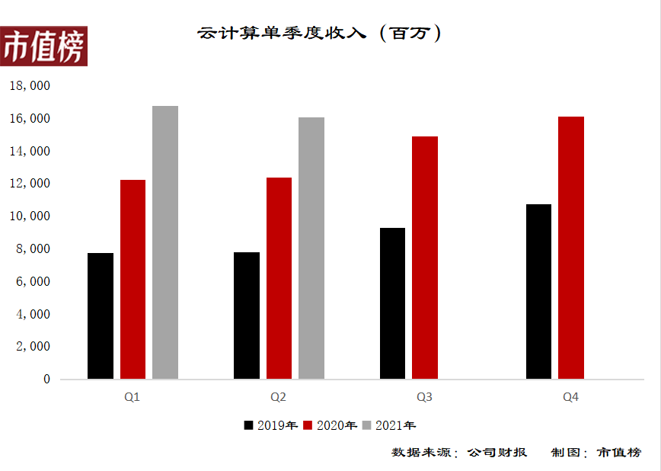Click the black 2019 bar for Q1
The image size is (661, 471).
click(x=101, y=316)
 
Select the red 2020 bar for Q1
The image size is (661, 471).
click(x=133, y=279)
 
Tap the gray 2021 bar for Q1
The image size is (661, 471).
click(x=165, y=242)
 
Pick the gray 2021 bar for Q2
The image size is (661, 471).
click(x=311, y=248)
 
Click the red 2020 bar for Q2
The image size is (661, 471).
click(x=279, y=278)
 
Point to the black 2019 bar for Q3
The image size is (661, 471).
click(x=392, y=303)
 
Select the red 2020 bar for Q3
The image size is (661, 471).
click(x=425, y=258)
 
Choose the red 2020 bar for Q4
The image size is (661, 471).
click(x=571, y=248)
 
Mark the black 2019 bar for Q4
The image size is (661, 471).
click(x=538, y=291)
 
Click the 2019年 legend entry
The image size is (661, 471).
click(x=270, y=425)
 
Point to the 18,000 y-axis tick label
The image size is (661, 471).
click(x=29, y=86)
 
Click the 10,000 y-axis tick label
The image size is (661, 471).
click(x=29, y=216)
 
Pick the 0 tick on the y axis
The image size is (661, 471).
click(x=46, y=379)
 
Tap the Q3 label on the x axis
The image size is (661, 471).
click(x=424, y=397)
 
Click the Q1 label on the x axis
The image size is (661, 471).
click(x=132, y=397)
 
